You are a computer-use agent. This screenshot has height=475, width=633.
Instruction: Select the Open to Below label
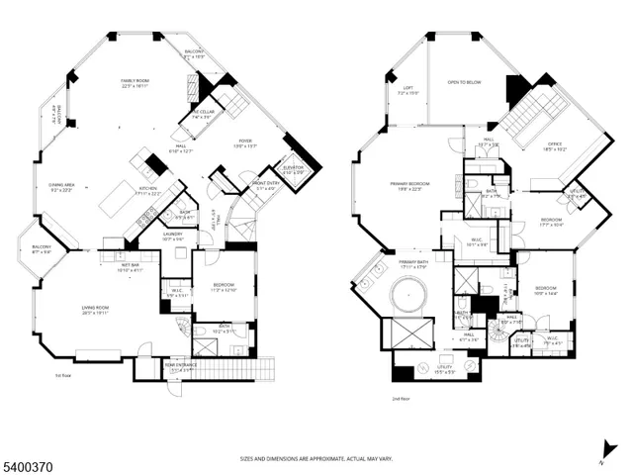click(464, 82)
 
